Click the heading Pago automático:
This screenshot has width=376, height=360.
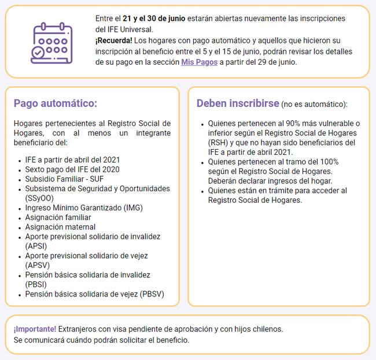click(56, 103)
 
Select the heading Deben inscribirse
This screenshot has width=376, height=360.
click(237, 103)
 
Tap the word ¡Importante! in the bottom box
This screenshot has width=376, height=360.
click(35, 329)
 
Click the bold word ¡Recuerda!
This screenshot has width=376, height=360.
click(114, 40)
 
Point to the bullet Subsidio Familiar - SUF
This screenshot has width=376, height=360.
click(64, 179)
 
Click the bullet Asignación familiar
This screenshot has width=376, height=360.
click(58, 217)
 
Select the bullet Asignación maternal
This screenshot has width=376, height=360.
click(60, 227)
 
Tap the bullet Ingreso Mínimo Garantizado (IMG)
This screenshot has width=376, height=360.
click(84, 207)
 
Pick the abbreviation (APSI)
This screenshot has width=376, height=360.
click(36, 246)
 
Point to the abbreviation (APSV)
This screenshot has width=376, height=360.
click(36, 265)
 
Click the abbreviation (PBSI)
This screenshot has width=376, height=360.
click(36, 284)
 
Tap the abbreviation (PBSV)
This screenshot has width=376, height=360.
click(152, 294)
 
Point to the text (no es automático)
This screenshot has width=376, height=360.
click(314, 105)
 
